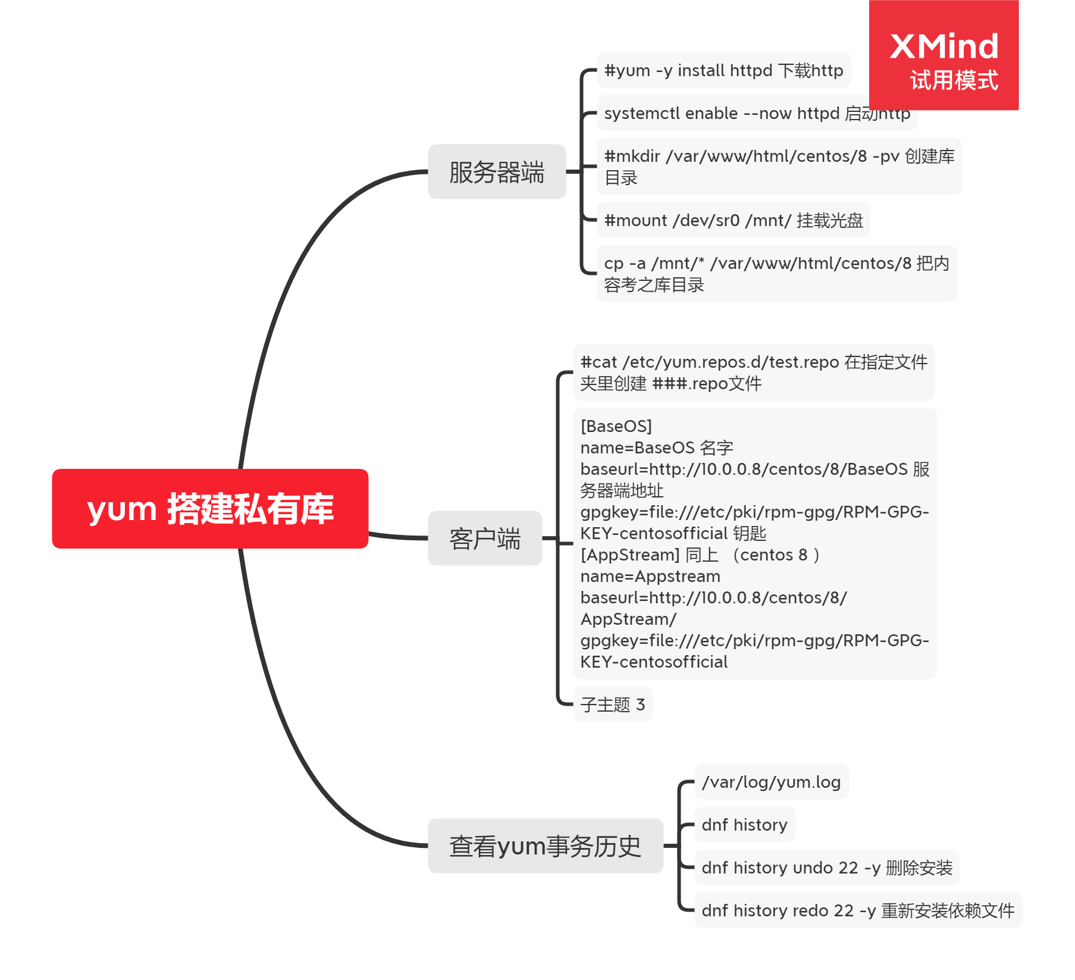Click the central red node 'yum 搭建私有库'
tap(210, 509)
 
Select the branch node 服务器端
tap(497, 172)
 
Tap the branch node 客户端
tap(485, 538)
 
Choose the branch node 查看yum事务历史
tap(545, 846)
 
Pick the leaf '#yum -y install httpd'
tap(723, 70)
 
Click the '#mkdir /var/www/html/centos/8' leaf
tap(779, 167)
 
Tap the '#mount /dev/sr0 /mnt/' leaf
tap(733, 220)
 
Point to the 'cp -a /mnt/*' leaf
tap(776, 274)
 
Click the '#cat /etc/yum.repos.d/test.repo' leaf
tap(753, 372)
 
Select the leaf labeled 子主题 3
tap(613, 705)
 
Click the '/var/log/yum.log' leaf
tap(771, 782)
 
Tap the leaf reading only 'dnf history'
tap(744, 825)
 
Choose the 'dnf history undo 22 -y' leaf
tap(826, 868)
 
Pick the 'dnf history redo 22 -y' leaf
tap(857, 910)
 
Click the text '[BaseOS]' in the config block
tap(616, 426)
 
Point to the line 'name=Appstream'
tap(650, 576)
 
